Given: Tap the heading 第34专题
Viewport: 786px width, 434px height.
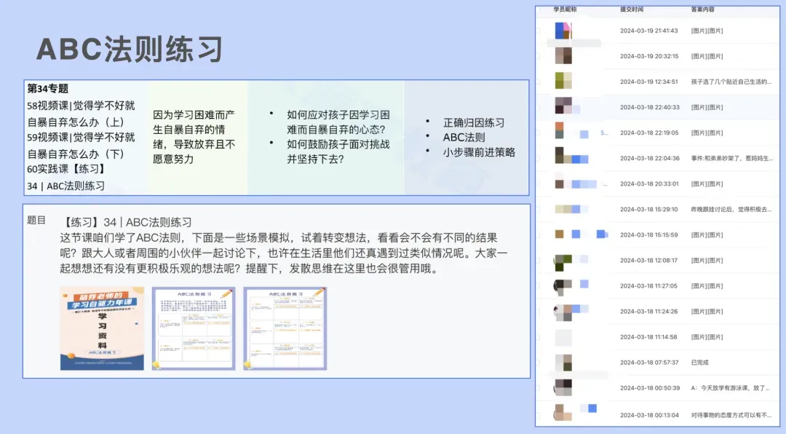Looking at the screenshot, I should point(48,89).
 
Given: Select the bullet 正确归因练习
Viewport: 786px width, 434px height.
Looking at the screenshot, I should point(473,122).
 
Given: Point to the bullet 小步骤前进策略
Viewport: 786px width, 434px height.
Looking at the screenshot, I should point(479,152).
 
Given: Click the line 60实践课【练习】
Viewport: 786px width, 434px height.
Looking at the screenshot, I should point(66,169).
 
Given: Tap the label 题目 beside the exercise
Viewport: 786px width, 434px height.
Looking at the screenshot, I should point(36,220).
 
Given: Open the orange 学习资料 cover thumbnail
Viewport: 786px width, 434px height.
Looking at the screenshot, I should point(102,328).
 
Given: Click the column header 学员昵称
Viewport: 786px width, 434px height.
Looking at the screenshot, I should point(565,10).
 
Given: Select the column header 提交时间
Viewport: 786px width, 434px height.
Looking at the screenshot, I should point(632,10).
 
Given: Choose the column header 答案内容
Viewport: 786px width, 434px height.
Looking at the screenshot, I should point(703,10).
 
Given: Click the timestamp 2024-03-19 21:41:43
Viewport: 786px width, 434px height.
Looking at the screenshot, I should point(649,31).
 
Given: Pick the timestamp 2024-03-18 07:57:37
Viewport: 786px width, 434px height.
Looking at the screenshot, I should point(649,362).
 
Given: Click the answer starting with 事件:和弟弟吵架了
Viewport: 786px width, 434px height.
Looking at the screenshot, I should point(731,158).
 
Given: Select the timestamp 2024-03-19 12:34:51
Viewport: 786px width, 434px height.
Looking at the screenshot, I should point(649,82).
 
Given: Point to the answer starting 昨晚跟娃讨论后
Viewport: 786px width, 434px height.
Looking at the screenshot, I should point(731,209).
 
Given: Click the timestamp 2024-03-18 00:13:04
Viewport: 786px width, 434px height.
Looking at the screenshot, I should point(649,414).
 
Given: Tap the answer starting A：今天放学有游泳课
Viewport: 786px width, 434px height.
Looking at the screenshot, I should point(731,388).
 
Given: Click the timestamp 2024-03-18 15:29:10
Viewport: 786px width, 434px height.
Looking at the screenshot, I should point(649,209).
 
